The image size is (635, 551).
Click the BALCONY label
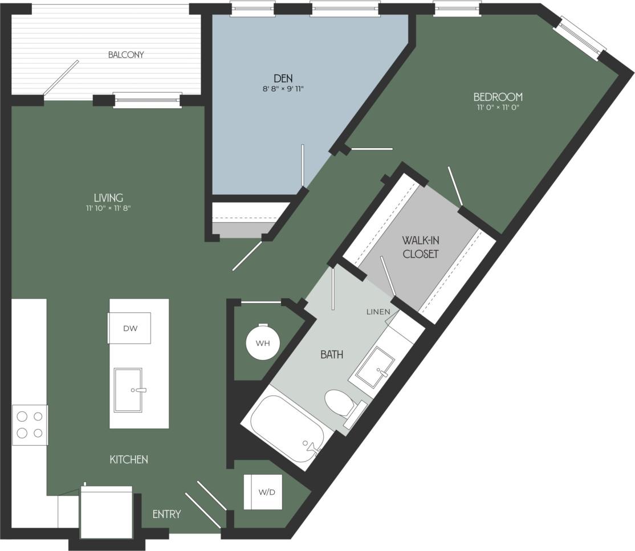tap(126, 55)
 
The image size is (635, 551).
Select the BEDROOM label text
tap(498, 97)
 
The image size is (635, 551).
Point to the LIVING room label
tap(108, 198)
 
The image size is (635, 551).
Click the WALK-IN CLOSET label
tap(421, 246)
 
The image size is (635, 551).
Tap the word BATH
tap(332, 354)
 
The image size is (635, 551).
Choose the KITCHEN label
tap(129, 459)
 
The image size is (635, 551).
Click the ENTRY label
tap(166, 515)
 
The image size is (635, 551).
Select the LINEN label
tap(378, 312)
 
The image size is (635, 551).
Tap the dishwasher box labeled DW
tap(130, 328)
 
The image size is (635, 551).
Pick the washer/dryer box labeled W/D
tap(263, 492)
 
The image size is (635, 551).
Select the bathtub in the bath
tap(287, 429)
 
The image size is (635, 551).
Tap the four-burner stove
tap(30, 425)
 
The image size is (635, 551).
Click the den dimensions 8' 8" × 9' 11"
tap(283, 88)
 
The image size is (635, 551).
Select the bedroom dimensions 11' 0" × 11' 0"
tap(498, 107)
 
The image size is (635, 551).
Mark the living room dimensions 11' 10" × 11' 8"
tap(108, 209)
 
